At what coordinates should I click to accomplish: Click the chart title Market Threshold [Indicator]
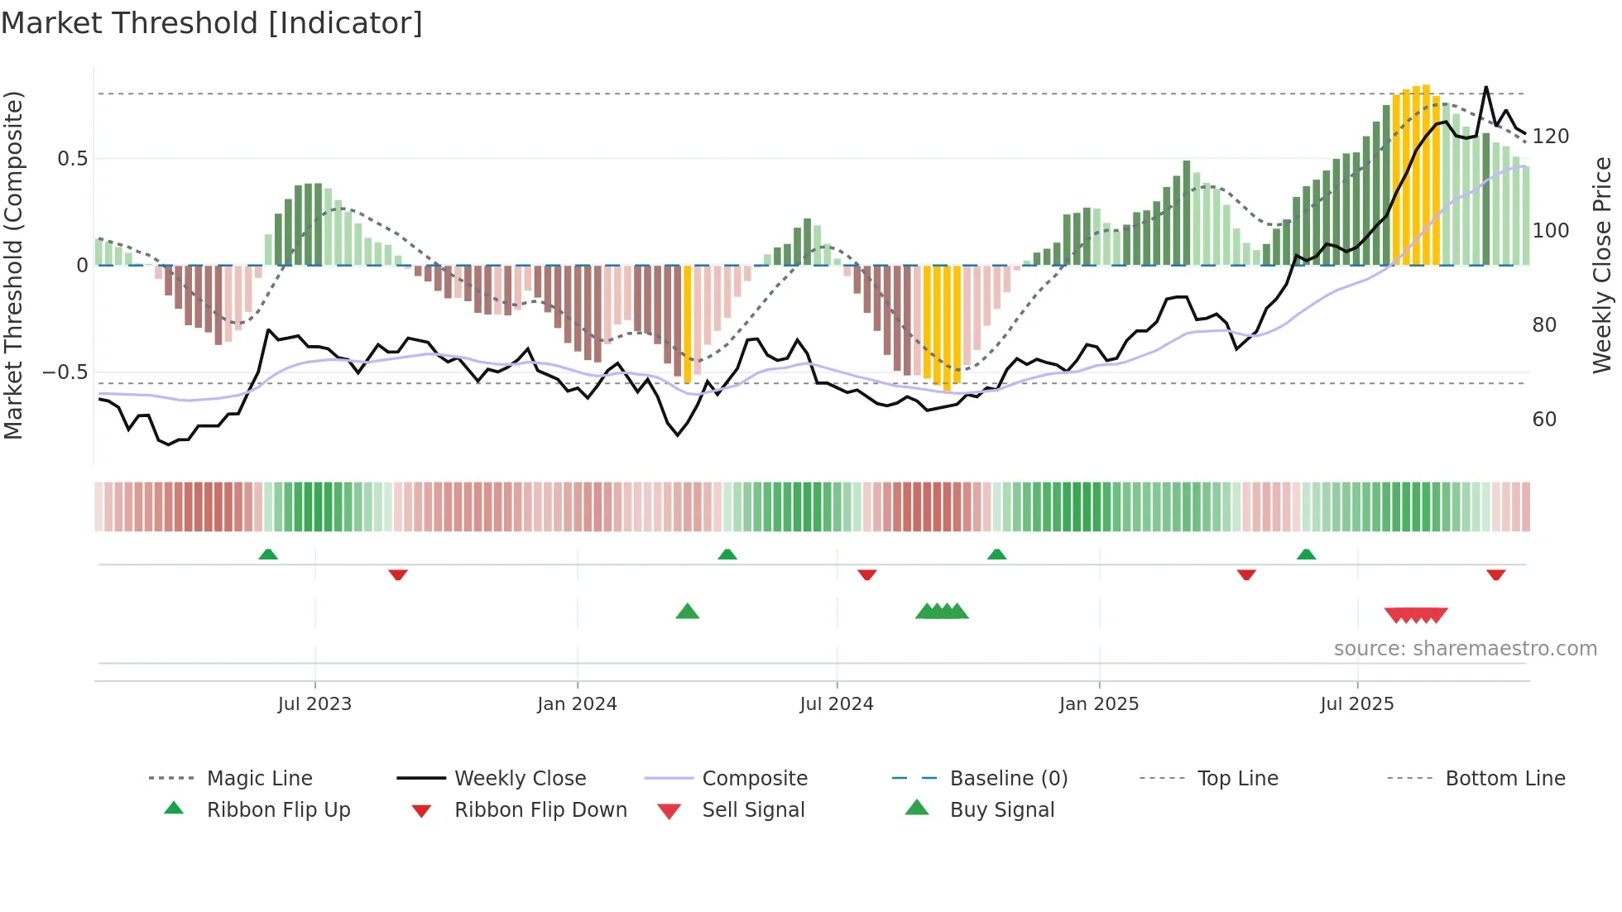[x=212, y=23]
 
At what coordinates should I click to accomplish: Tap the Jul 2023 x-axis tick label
[x=314, y=704]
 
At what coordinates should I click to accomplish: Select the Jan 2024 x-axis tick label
[x=577, y=704]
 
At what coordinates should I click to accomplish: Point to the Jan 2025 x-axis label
[x=1099, y=704]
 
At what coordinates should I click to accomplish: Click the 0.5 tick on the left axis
[x=72, y=159]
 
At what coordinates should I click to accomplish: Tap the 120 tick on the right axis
[x=1550, y=137]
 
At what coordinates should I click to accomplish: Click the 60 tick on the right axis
[x=1544, y=420]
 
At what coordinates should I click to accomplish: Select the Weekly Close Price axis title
[x=1602, y=265]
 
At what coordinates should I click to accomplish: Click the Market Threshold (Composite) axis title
[x=14, y=265]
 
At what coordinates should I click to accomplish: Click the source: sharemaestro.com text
[x=1465, y=649]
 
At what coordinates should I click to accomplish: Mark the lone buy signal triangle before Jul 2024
[x=688, y=612]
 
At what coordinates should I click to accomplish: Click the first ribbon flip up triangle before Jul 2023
[x=268, y=554]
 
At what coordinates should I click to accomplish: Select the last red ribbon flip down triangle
[x=1495, y=574]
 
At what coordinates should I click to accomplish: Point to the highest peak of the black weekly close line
[x=1486, y=87]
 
